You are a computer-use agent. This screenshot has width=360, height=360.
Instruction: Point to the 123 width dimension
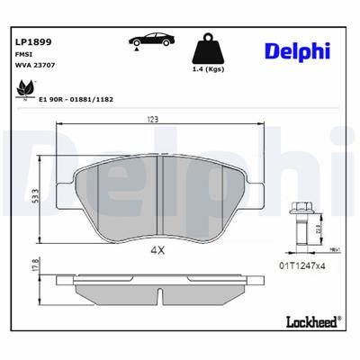tap(155, 119)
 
